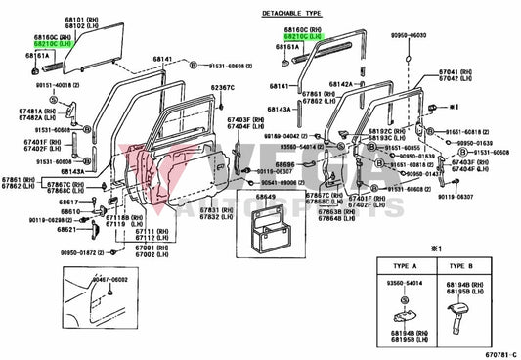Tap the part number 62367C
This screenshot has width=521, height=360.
(223, 89)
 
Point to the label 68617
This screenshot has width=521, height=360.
(67, 201)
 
